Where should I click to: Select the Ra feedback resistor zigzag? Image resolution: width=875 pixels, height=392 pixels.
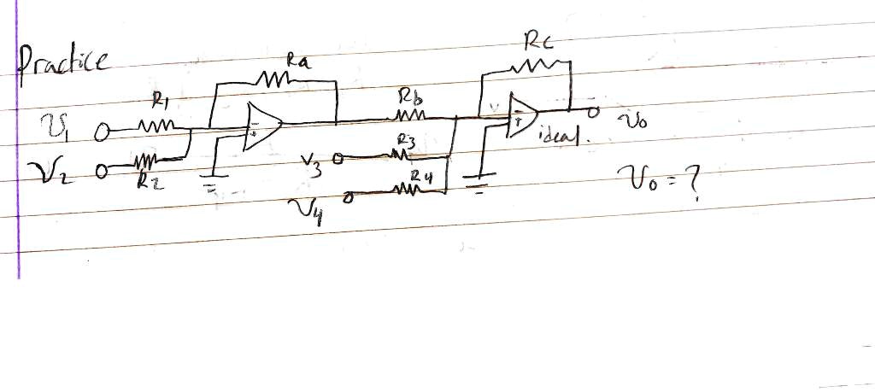(x=272, y=80)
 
